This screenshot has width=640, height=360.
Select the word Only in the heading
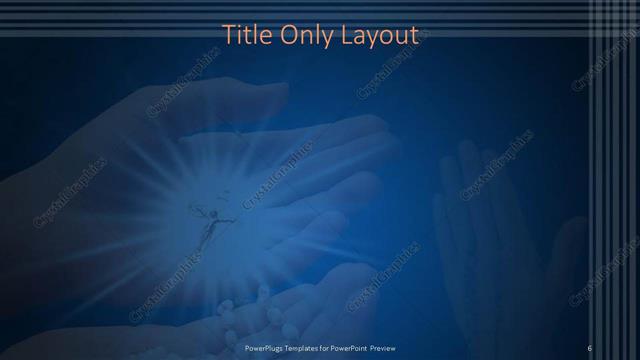coord(306,35)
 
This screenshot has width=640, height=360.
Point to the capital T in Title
coord(227,35)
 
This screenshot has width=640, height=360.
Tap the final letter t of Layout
coord(414,35)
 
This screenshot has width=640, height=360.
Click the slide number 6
coord(590,347)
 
